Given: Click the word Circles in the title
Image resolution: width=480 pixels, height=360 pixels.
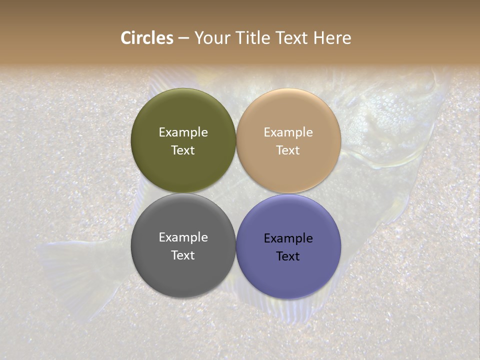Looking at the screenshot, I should pyautogui.click(x=147, y=38).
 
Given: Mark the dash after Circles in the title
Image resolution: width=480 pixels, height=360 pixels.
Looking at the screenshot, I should pyautogui.click(x=183, y=38).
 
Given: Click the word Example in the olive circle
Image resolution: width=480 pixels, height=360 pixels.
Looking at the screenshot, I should pyautogui.click(x=183, y=132).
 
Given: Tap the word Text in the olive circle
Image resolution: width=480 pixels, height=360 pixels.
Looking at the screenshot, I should pyautogui.click(x=183, y=150).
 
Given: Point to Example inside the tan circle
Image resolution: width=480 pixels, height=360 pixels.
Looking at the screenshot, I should pyautogui.click(x=288, y=132).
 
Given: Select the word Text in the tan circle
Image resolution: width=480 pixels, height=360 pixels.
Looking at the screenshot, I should pyautogui.click(x=288, y=150).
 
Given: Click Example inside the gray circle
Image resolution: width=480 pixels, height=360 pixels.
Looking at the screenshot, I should pyautogui.click(x=183, y=237).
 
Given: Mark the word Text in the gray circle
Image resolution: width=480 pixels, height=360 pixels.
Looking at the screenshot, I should pyautogui.click(x=183, y=255).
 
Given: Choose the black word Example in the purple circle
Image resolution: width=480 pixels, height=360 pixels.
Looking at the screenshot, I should pyautogui.click(x=288, y=238).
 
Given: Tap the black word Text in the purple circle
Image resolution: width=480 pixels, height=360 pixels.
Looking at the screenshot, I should pyautogui.click(x=288, y=256).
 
